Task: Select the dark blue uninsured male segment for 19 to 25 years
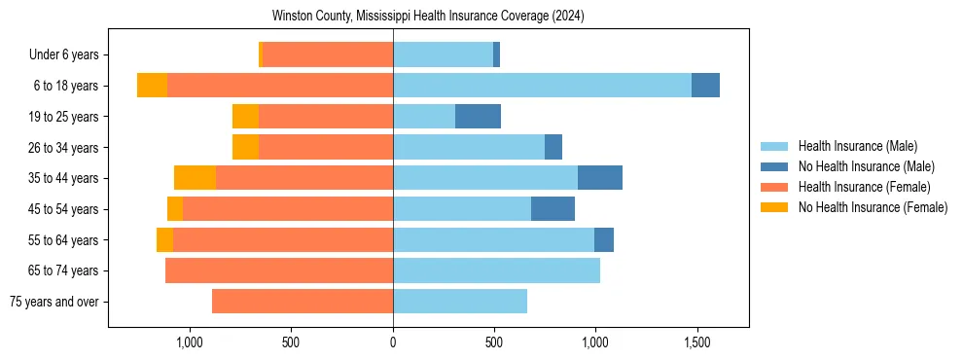[478, 117]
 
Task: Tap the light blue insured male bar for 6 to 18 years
[542, 86]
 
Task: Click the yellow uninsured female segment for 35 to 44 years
[195, 178]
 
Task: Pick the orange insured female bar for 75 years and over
[303, 302]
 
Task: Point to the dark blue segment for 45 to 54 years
[553, 209]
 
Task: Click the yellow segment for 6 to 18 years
[152, 86]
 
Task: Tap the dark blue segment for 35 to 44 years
[599, 178]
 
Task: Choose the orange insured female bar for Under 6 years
[328, 54]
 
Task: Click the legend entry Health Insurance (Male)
[857, 146]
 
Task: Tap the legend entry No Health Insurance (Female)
[873, 207]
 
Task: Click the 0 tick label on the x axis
[393, 342]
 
